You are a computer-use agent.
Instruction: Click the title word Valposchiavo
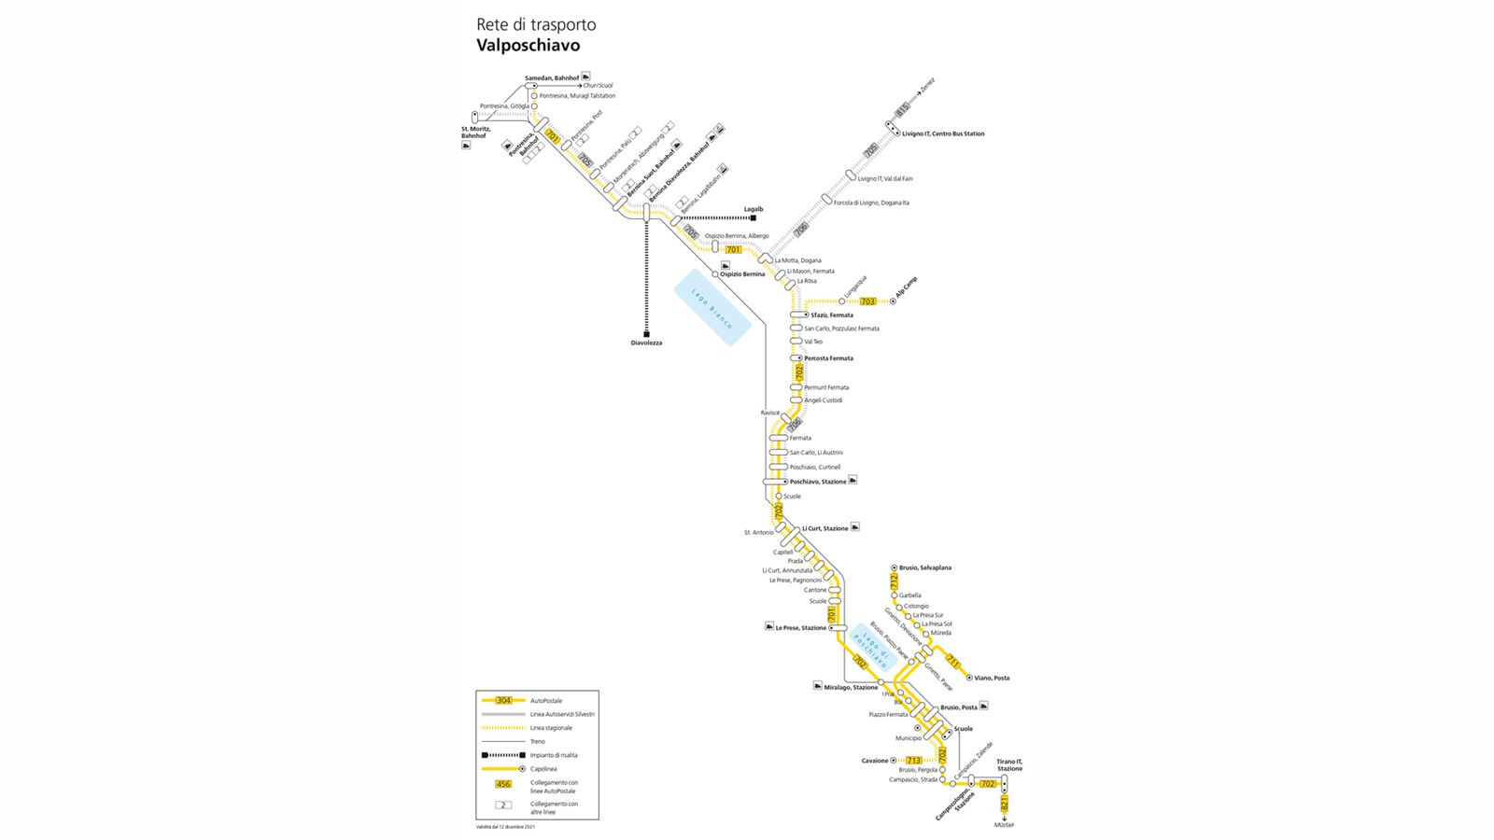[x=528, y=45]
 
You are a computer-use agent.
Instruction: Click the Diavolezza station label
[x=646, y=343]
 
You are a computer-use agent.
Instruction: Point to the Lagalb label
[x=753, y=209]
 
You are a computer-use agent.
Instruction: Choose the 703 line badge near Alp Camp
[x=868, y=301]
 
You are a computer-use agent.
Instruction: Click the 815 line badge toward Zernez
[x=901, y=110]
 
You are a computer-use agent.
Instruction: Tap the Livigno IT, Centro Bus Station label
[x=943, y=134]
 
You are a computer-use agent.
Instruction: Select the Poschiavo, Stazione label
[x=818, y=482]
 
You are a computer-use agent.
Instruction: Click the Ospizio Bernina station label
[x=742, y=274]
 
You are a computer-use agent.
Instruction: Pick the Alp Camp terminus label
[x=907, y=288]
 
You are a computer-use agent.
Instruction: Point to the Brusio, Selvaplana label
[x=924, y=567]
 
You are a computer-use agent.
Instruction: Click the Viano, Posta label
[x=992, y=679]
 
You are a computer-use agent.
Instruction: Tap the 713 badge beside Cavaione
[x=914, y=761]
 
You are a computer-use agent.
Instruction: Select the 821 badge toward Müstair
[x=1005, y=804]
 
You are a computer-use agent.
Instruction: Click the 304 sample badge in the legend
[x=504, y=700]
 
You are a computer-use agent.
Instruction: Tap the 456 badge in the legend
[x=504, y=784]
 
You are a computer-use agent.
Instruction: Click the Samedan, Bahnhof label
[x=551, y=77]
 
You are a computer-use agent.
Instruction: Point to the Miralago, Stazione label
[x=851, y=688]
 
